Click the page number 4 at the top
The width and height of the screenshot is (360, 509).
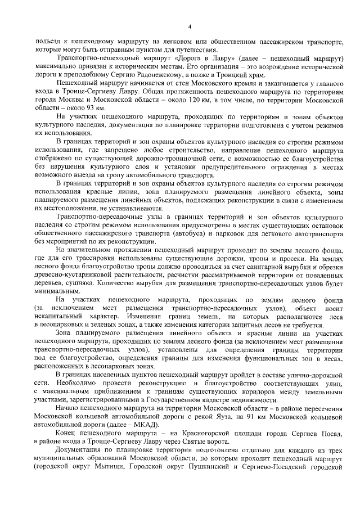190,26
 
